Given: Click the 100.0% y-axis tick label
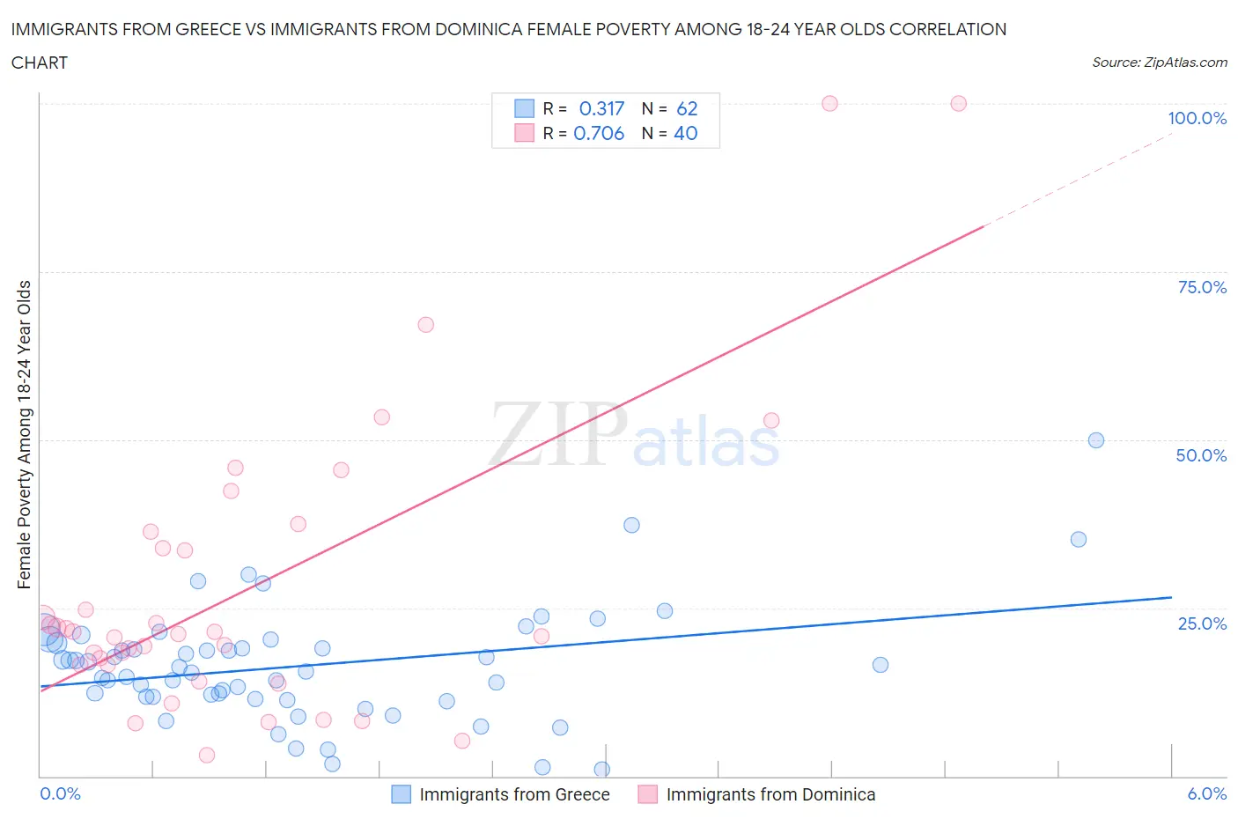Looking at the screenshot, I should [x=1197, y=118].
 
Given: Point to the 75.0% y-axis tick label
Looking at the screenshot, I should [x=1202, y=287].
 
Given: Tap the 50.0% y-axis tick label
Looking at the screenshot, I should [x=1201, y=455].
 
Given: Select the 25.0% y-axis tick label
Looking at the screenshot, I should [x=1202, y=623].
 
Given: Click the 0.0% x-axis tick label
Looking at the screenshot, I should [x=60, y=793].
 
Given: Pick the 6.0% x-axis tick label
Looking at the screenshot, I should [x=1206, y=793].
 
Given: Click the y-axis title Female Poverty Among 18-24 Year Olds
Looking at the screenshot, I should [x=24, y=434].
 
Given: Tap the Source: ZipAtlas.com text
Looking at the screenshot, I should [x=1159, y=63].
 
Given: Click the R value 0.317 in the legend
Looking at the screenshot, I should [x=601, y=108].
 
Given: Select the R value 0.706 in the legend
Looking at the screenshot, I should [x=599, y=133].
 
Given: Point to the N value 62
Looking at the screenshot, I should [x=687, y=108].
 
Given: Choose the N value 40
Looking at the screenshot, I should [x=685, y=133].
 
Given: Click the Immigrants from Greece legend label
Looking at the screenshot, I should [x=514, y=794].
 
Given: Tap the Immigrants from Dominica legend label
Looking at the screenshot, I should [x=770, y=794].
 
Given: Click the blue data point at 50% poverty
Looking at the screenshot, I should [x=1096, y=440].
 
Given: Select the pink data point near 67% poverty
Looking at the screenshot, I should [x=425, y=324].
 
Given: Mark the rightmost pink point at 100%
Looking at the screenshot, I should [x=958, y=103].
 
